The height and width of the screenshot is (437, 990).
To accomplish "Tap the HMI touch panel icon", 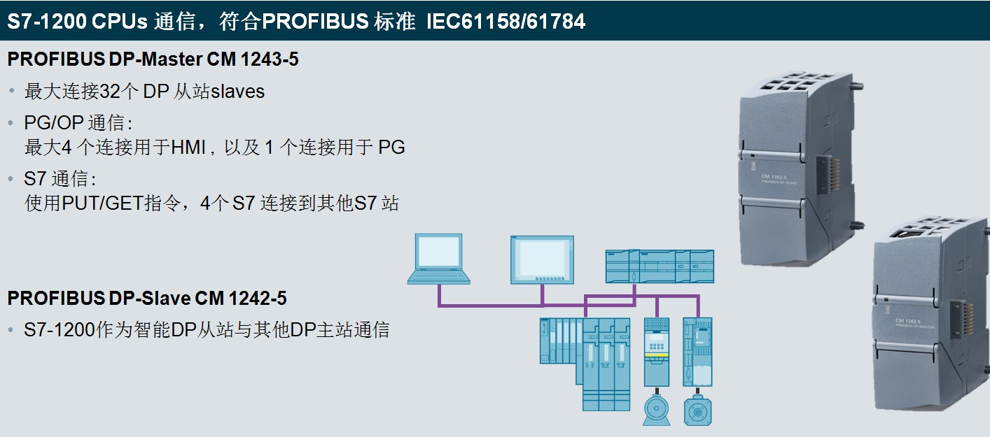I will coord(543,259).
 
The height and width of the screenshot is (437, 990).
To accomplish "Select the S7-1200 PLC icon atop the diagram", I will coord(660,266).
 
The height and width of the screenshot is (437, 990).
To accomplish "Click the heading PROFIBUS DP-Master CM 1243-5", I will coord(153,59).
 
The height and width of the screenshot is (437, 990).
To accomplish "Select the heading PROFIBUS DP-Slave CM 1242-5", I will coord(147,299).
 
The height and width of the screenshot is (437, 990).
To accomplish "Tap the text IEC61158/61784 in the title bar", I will coord(506,21).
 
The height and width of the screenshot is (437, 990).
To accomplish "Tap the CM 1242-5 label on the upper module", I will coord(778,177).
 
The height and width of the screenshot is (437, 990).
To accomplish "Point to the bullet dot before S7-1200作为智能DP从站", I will coord(12,329).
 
